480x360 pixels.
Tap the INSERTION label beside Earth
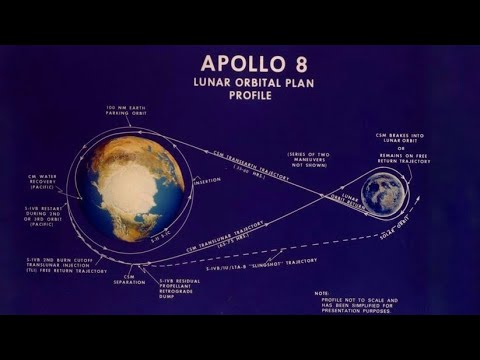(208, 180)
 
